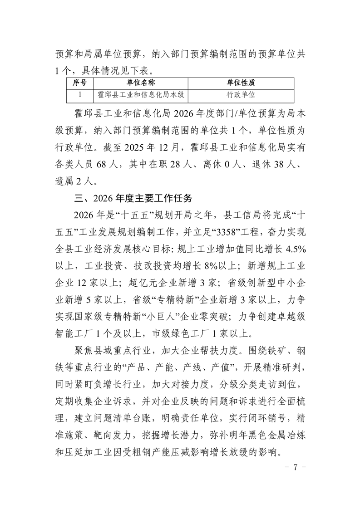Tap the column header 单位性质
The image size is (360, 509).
point(241,83)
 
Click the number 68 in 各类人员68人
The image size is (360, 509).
point(101,165)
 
